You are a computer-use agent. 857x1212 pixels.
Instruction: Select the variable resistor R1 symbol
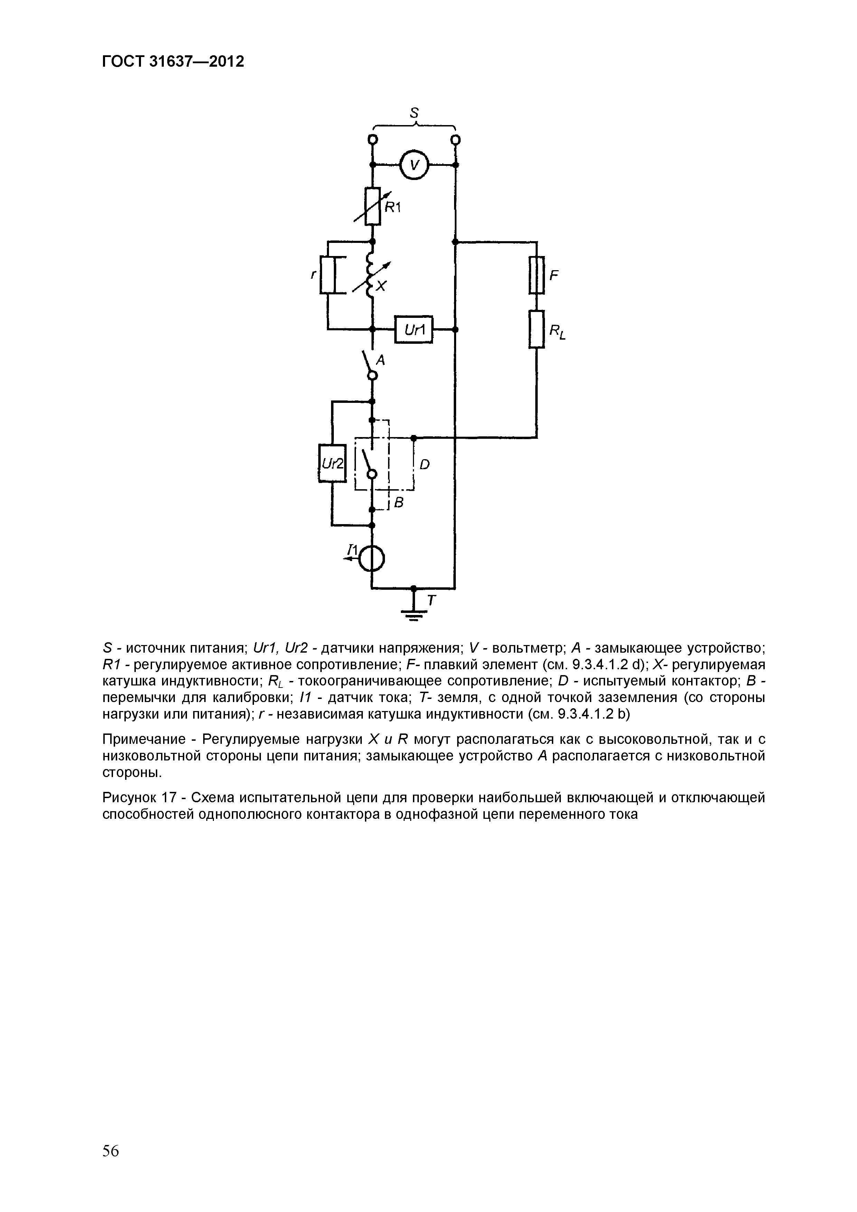pyautogui.click(x=373, y=206)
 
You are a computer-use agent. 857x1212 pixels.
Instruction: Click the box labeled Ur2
pyautogui.click(x=332, y=463)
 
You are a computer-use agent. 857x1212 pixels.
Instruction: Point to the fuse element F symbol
pyautogui.click(x=536, y=275)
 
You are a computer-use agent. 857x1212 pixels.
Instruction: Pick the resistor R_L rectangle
pyautogui.click(x=536, y=329)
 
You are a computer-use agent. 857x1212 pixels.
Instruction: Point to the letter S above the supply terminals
pyautogui.click(x=415, y=112)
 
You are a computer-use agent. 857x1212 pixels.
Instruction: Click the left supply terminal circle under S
pyautogui.click(x=373, y=140)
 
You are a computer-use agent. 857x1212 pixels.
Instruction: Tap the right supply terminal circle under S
pyautogui.click(x=455, y=140)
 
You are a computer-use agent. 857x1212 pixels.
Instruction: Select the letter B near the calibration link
pyautogui.click(x=399, y=503)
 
